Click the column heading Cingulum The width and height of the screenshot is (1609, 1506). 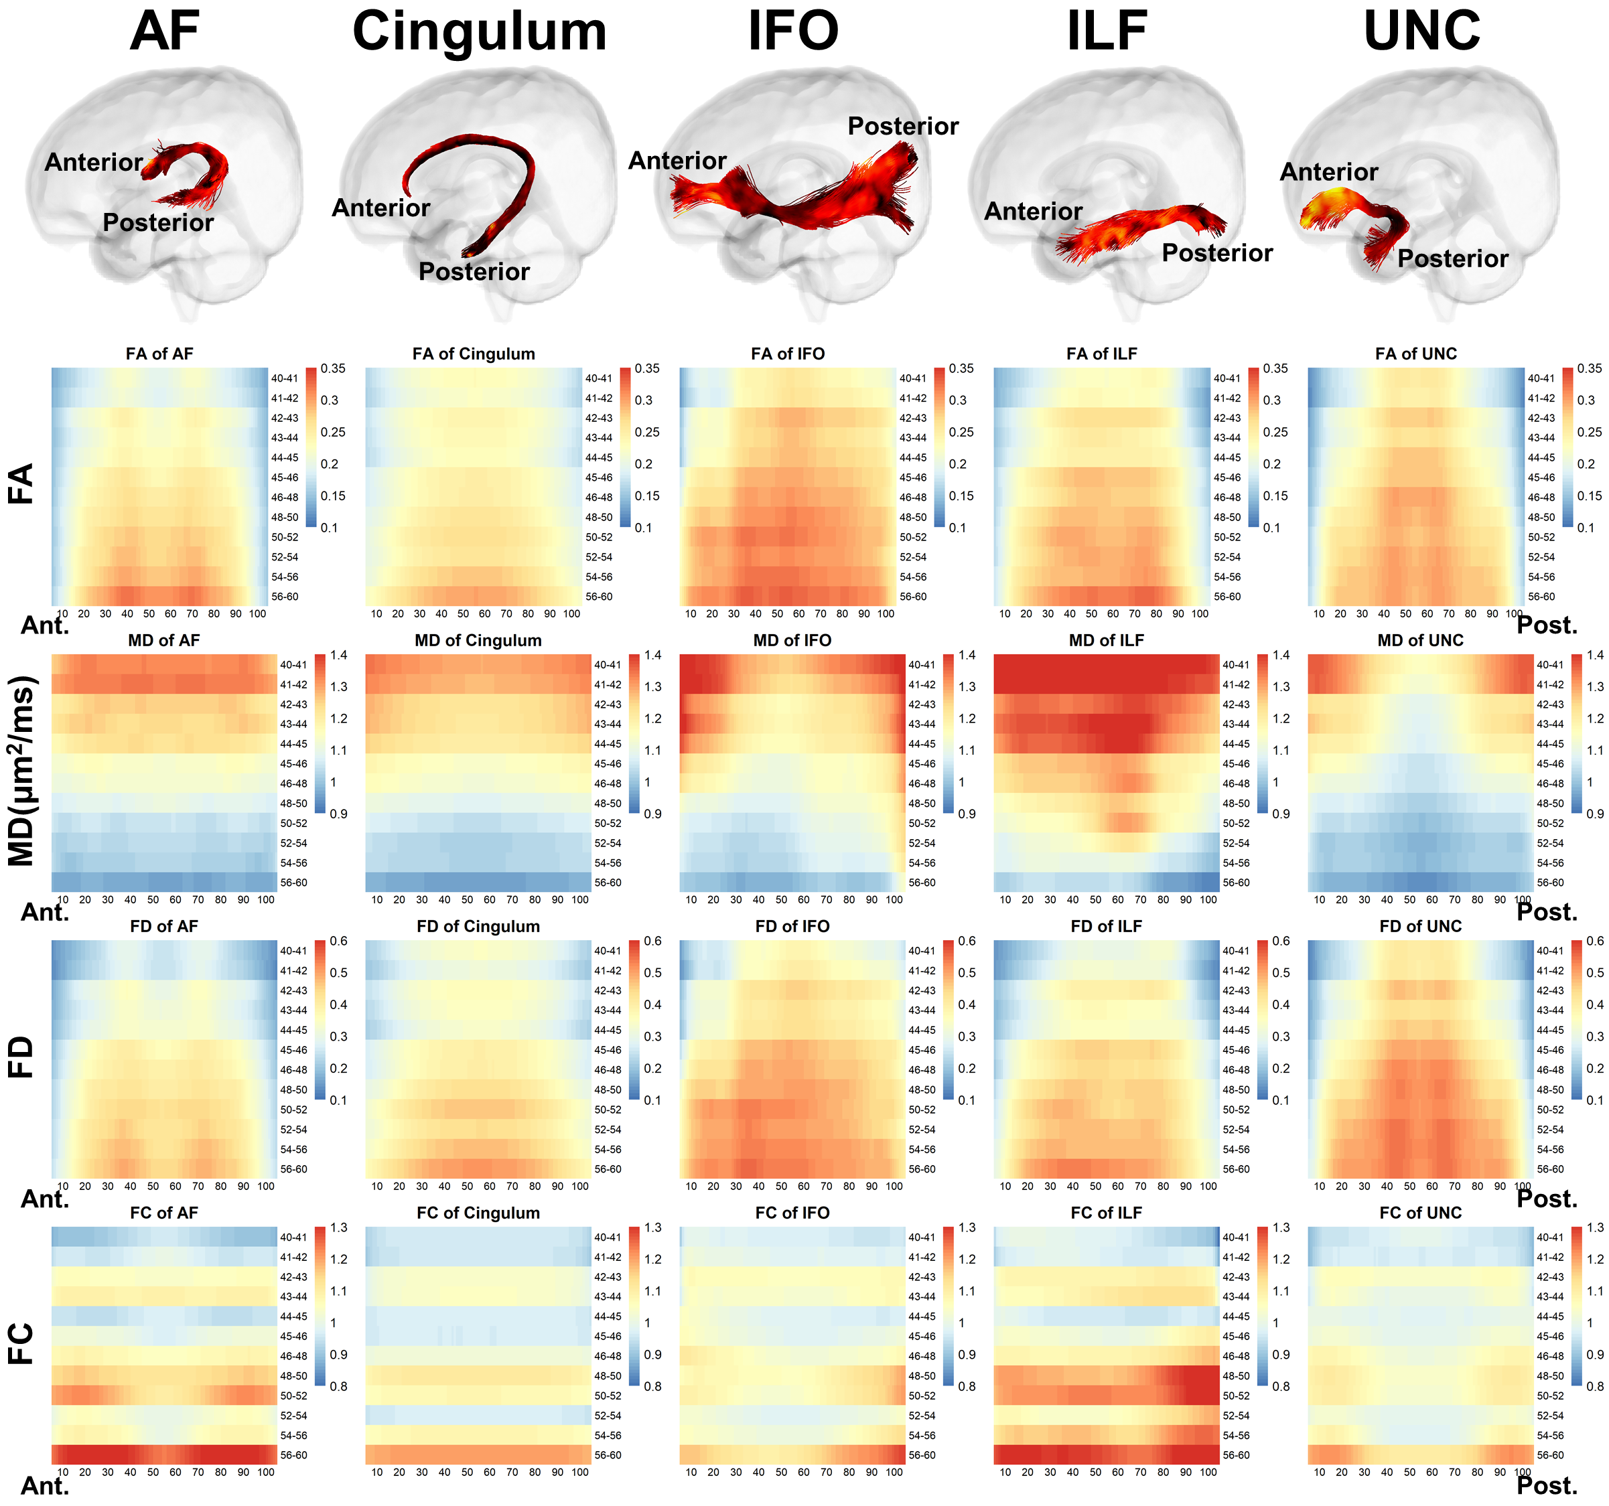479,32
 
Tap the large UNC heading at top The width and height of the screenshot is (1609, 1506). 1421,32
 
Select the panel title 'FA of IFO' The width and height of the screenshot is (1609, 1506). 788,354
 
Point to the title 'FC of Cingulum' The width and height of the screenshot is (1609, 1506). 478,1212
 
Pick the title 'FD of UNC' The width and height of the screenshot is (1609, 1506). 1420,926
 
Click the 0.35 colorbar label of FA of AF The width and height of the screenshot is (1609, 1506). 333,368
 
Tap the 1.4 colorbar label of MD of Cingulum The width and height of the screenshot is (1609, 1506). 652,655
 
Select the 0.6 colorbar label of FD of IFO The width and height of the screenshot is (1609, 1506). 967,941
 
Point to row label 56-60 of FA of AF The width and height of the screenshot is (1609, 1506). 284,597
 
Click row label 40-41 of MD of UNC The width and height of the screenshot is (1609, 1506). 1550,664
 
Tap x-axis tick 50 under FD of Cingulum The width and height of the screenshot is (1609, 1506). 467,1187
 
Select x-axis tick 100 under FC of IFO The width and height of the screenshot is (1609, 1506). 894,1472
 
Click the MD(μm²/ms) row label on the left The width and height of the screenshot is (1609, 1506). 22,770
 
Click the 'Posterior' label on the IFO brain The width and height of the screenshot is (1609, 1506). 902,127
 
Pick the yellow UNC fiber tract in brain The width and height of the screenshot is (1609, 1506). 1328,206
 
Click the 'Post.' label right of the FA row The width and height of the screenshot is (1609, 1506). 1547,625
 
